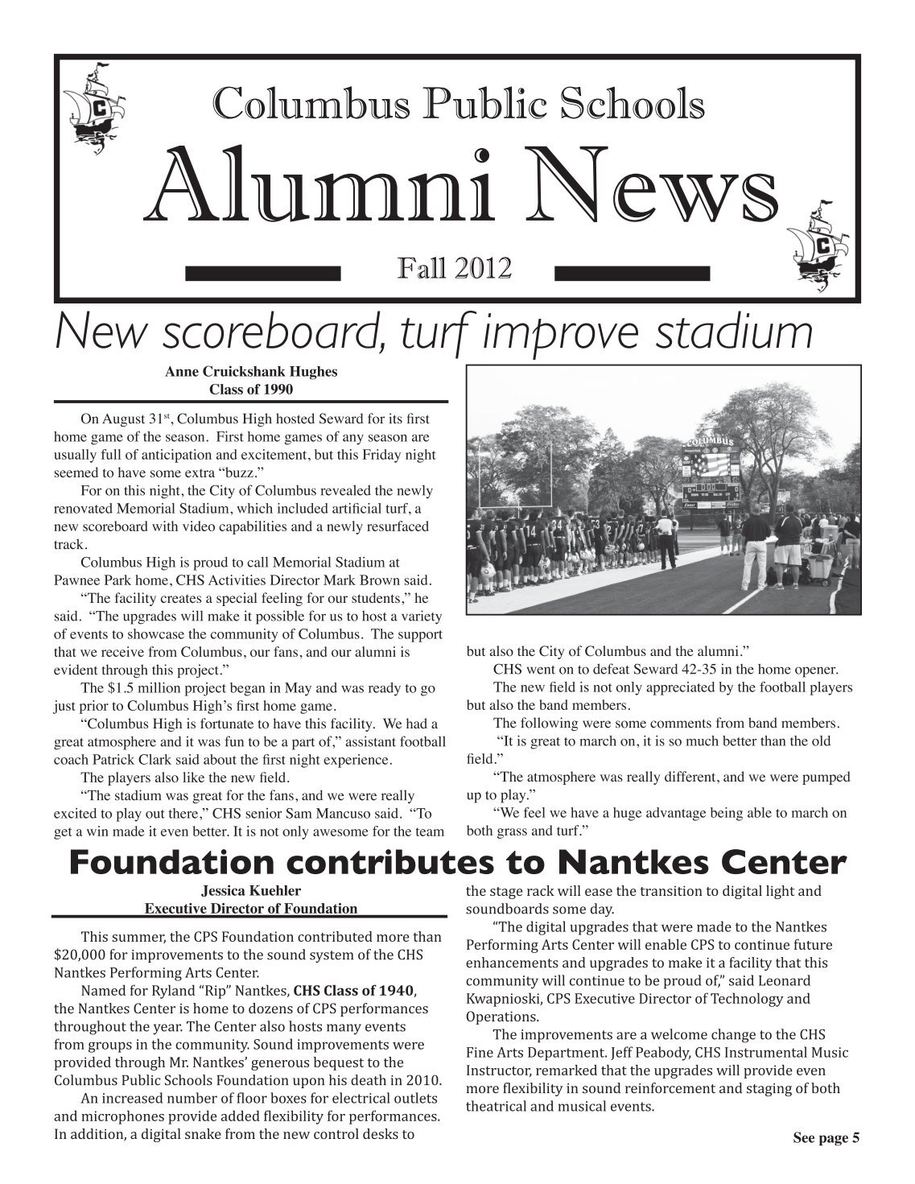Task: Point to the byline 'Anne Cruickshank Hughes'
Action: click(x=250, y=371)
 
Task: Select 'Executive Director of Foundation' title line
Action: click(x=250, y=909)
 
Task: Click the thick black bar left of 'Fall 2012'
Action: click(x=264, y=274)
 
